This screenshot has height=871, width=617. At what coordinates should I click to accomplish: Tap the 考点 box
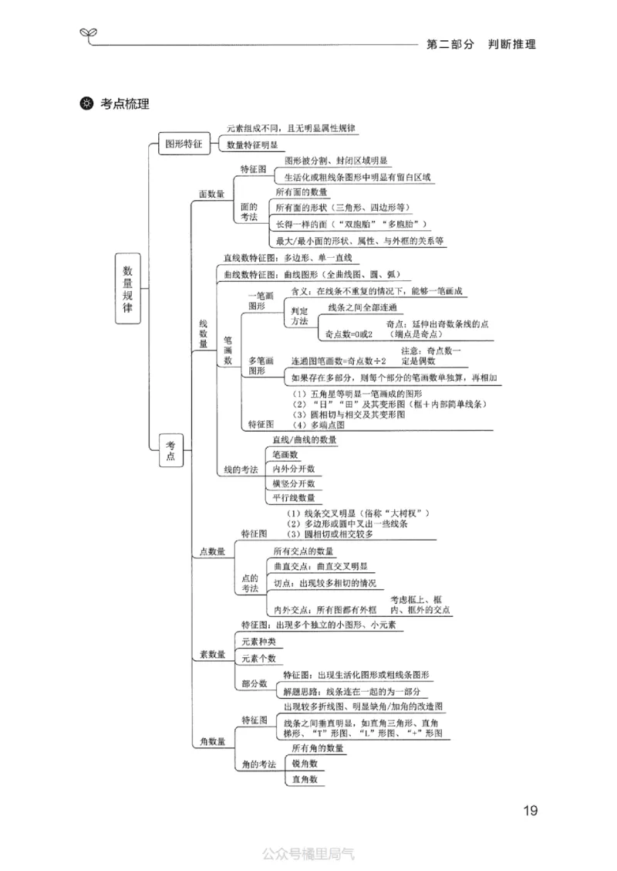point(171,451)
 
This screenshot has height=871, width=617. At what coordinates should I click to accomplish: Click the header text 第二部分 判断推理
point(480,44)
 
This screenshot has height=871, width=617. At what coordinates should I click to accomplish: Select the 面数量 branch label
point(211,195)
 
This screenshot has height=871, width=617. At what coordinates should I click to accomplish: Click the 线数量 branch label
point(204,334)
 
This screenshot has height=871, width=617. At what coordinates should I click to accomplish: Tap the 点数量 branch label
point(212,551)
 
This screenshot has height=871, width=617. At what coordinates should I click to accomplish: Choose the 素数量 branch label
point(212,654)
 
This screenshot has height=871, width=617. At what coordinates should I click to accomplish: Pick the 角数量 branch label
point(212,741)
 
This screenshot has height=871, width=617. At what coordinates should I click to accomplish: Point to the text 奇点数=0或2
point(349,334)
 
